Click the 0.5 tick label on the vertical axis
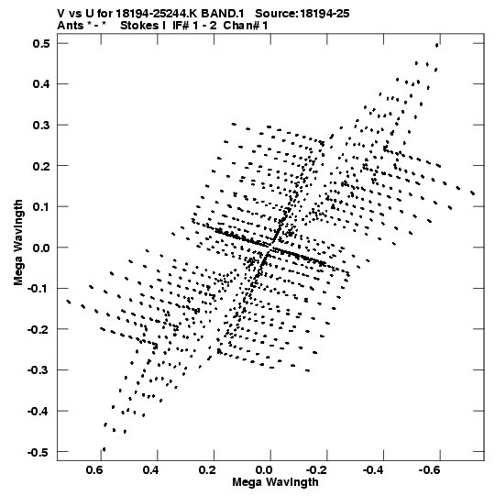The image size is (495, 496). click(x=41, y=43)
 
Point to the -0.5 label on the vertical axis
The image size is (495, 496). click(x=38, y=452)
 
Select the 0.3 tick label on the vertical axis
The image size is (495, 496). click(x=41, y=125)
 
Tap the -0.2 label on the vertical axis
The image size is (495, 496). click(x=38, y=330)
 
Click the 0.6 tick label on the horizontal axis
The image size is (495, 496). click(x=94, y=470)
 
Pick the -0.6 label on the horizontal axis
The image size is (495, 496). click(x=429, y=470)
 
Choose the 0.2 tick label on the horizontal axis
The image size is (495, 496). click(x=207, y=470)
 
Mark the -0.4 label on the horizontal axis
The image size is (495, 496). click(x=373, y=470)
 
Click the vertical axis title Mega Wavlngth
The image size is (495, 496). click(x=18, y=243)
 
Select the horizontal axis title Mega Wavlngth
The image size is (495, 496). click(x=275, y=482)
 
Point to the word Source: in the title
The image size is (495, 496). click(x=277, y=14)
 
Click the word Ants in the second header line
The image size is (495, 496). click(x=71, y=26)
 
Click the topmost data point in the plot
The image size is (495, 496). click(x=437, y=45)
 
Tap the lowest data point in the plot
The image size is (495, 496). click(x=104, y=449)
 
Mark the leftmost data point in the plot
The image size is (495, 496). click(x=69, y=302)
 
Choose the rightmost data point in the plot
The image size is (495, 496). click(x=473, y=193)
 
